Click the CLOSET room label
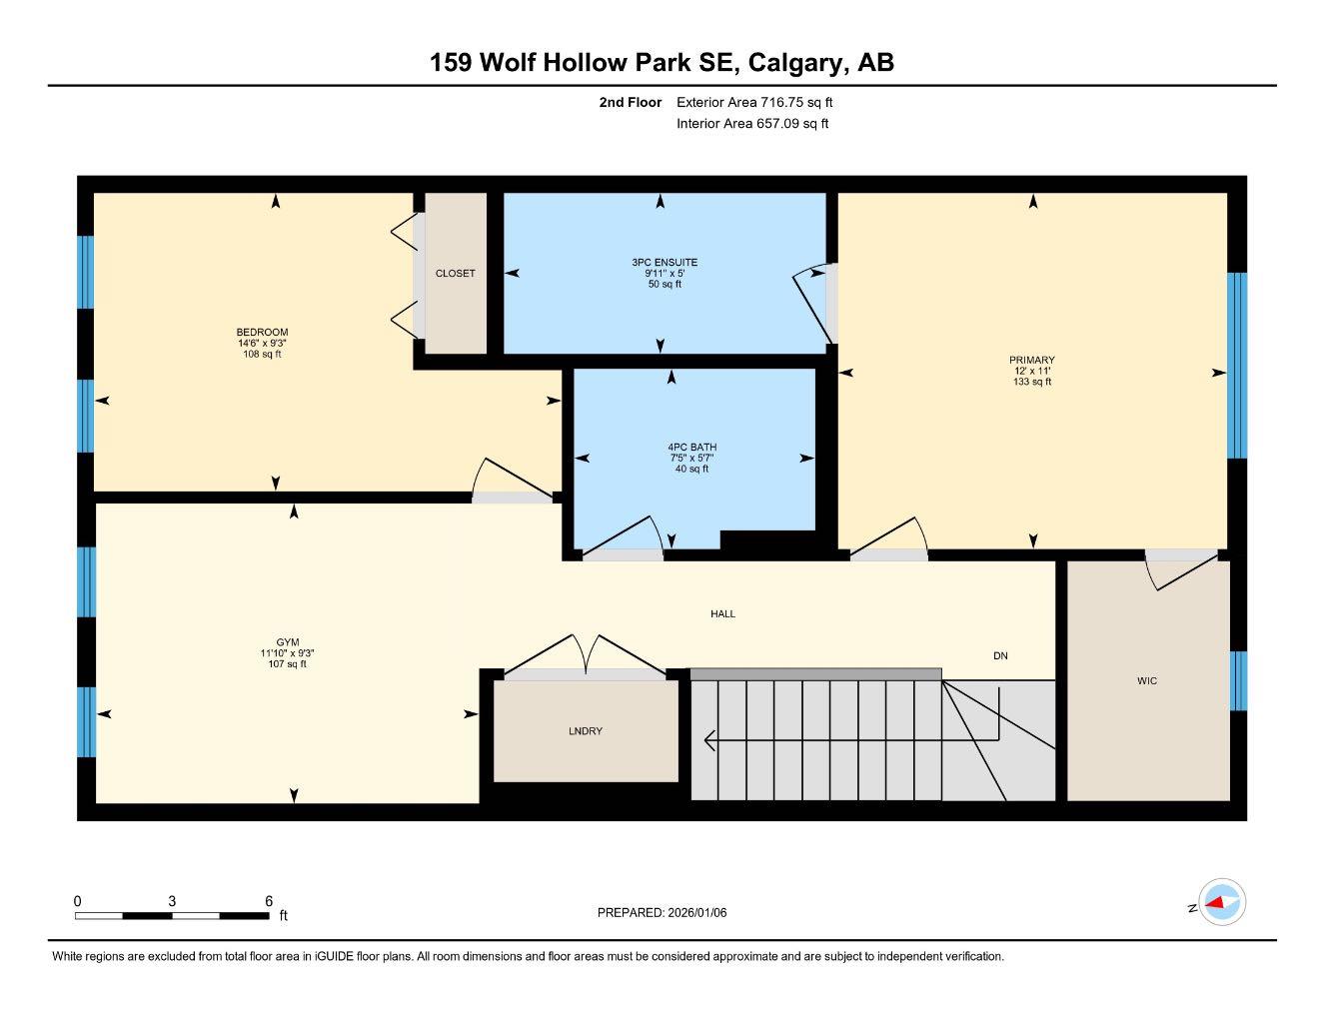point(455,274)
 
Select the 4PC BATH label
point(691,448)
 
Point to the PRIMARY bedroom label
point(1031,361)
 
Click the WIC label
point(1146,681)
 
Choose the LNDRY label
point(585,731)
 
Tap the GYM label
point(288,642)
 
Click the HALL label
point(722,614)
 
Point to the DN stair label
point(1000,656)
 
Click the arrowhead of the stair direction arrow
point(709,740)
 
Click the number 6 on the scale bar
point(269,901)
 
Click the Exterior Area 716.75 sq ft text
point(754,102)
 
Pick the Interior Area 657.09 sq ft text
point(752,124)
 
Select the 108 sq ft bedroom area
point(262,354)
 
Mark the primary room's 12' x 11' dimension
point(1031,371)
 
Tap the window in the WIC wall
point(1238,680)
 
